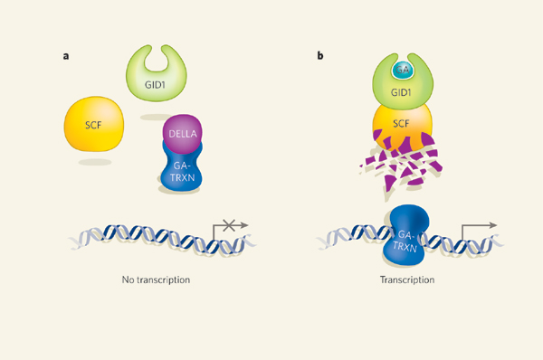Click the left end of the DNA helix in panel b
[322, 241]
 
